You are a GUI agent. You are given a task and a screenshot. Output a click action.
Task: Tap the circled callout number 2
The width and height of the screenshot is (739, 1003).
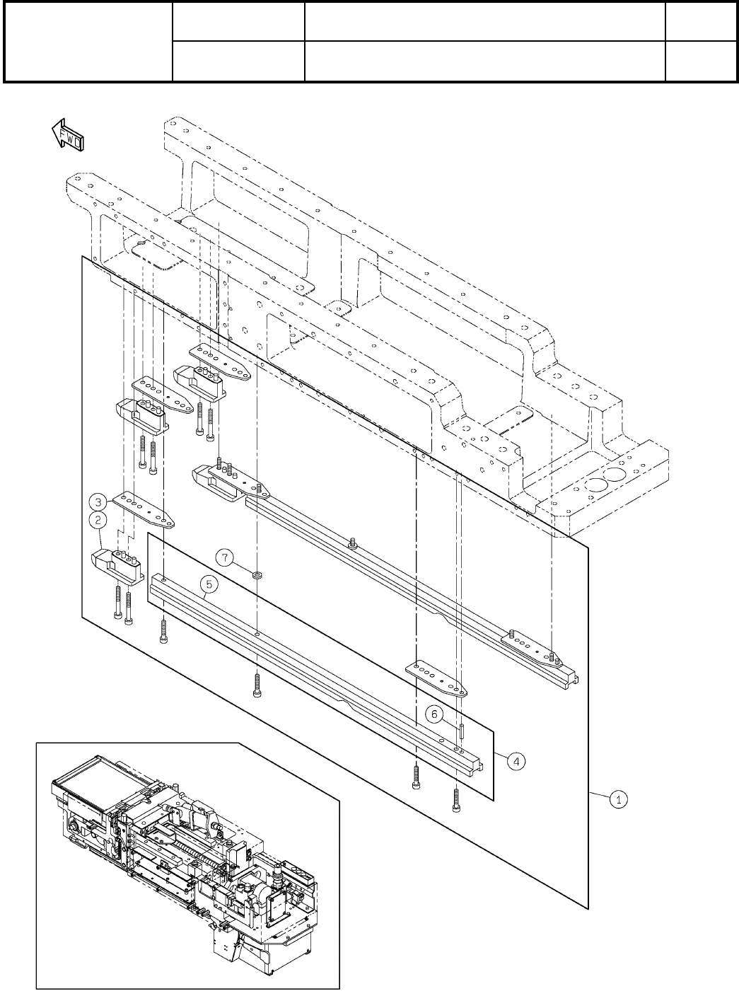[x=98, y=521]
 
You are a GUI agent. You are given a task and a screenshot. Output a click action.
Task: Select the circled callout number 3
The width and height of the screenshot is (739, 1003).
[x=98, y=502]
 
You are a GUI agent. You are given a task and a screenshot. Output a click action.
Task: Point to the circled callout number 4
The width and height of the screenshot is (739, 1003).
[x=518, y=761]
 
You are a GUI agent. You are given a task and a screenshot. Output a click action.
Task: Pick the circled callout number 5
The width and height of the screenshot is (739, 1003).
[x=208, y=585]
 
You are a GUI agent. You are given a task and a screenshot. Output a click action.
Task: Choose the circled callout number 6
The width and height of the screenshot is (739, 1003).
[x=438, y=715]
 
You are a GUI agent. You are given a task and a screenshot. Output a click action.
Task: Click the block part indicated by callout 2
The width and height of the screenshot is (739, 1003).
[x=117, y=566]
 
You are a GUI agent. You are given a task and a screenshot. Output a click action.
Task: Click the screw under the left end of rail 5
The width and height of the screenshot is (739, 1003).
[x=163, y=629]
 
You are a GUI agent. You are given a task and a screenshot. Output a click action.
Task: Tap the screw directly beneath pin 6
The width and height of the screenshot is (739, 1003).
[x=457, y=799]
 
